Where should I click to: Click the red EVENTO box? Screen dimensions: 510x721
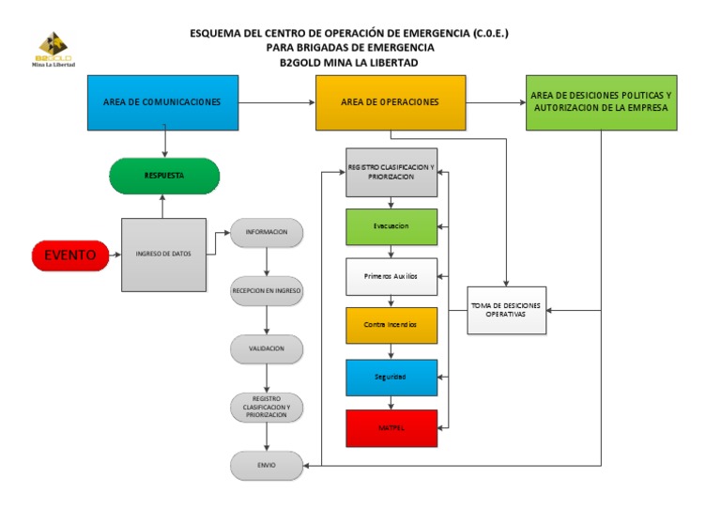coord(69,254)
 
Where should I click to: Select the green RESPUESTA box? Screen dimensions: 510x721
coord(164,176)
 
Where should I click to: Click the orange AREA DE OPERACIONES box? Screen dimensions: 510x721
coord(390,101)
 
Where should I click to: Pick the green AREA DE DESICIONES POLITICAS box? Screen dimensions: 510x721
coord(601,101)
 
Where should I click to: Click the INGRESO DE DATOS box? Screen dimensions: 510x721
coord(164,254)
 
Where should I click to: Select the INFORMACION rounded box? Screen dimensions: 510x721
coord(268,232)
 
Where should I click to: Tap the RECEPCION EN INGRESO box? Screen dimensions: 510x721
coord(268,291)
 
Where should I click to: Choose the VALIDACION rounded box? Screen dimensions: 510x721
coord(268,348)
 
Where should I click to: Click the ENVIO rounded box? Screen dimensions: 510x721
coord(268,465)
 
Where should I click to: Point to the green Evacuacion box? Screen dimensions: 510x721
coord(391,226)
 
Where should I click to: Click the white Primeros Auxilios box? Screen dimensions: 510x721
coord(391,276)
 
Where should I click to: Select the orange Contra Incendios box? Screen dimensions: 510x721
coord(391,325)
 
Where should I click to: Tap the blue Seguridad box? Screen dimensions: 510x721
coord(391,376)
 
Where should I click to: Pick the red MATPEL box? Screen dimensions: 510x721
coord(391,427)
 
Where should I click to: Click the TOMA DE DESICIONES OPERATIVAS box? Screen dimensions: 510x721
coord(508,309)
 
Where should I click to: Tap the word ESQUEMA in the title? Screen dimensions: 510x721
coord(215,33)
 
